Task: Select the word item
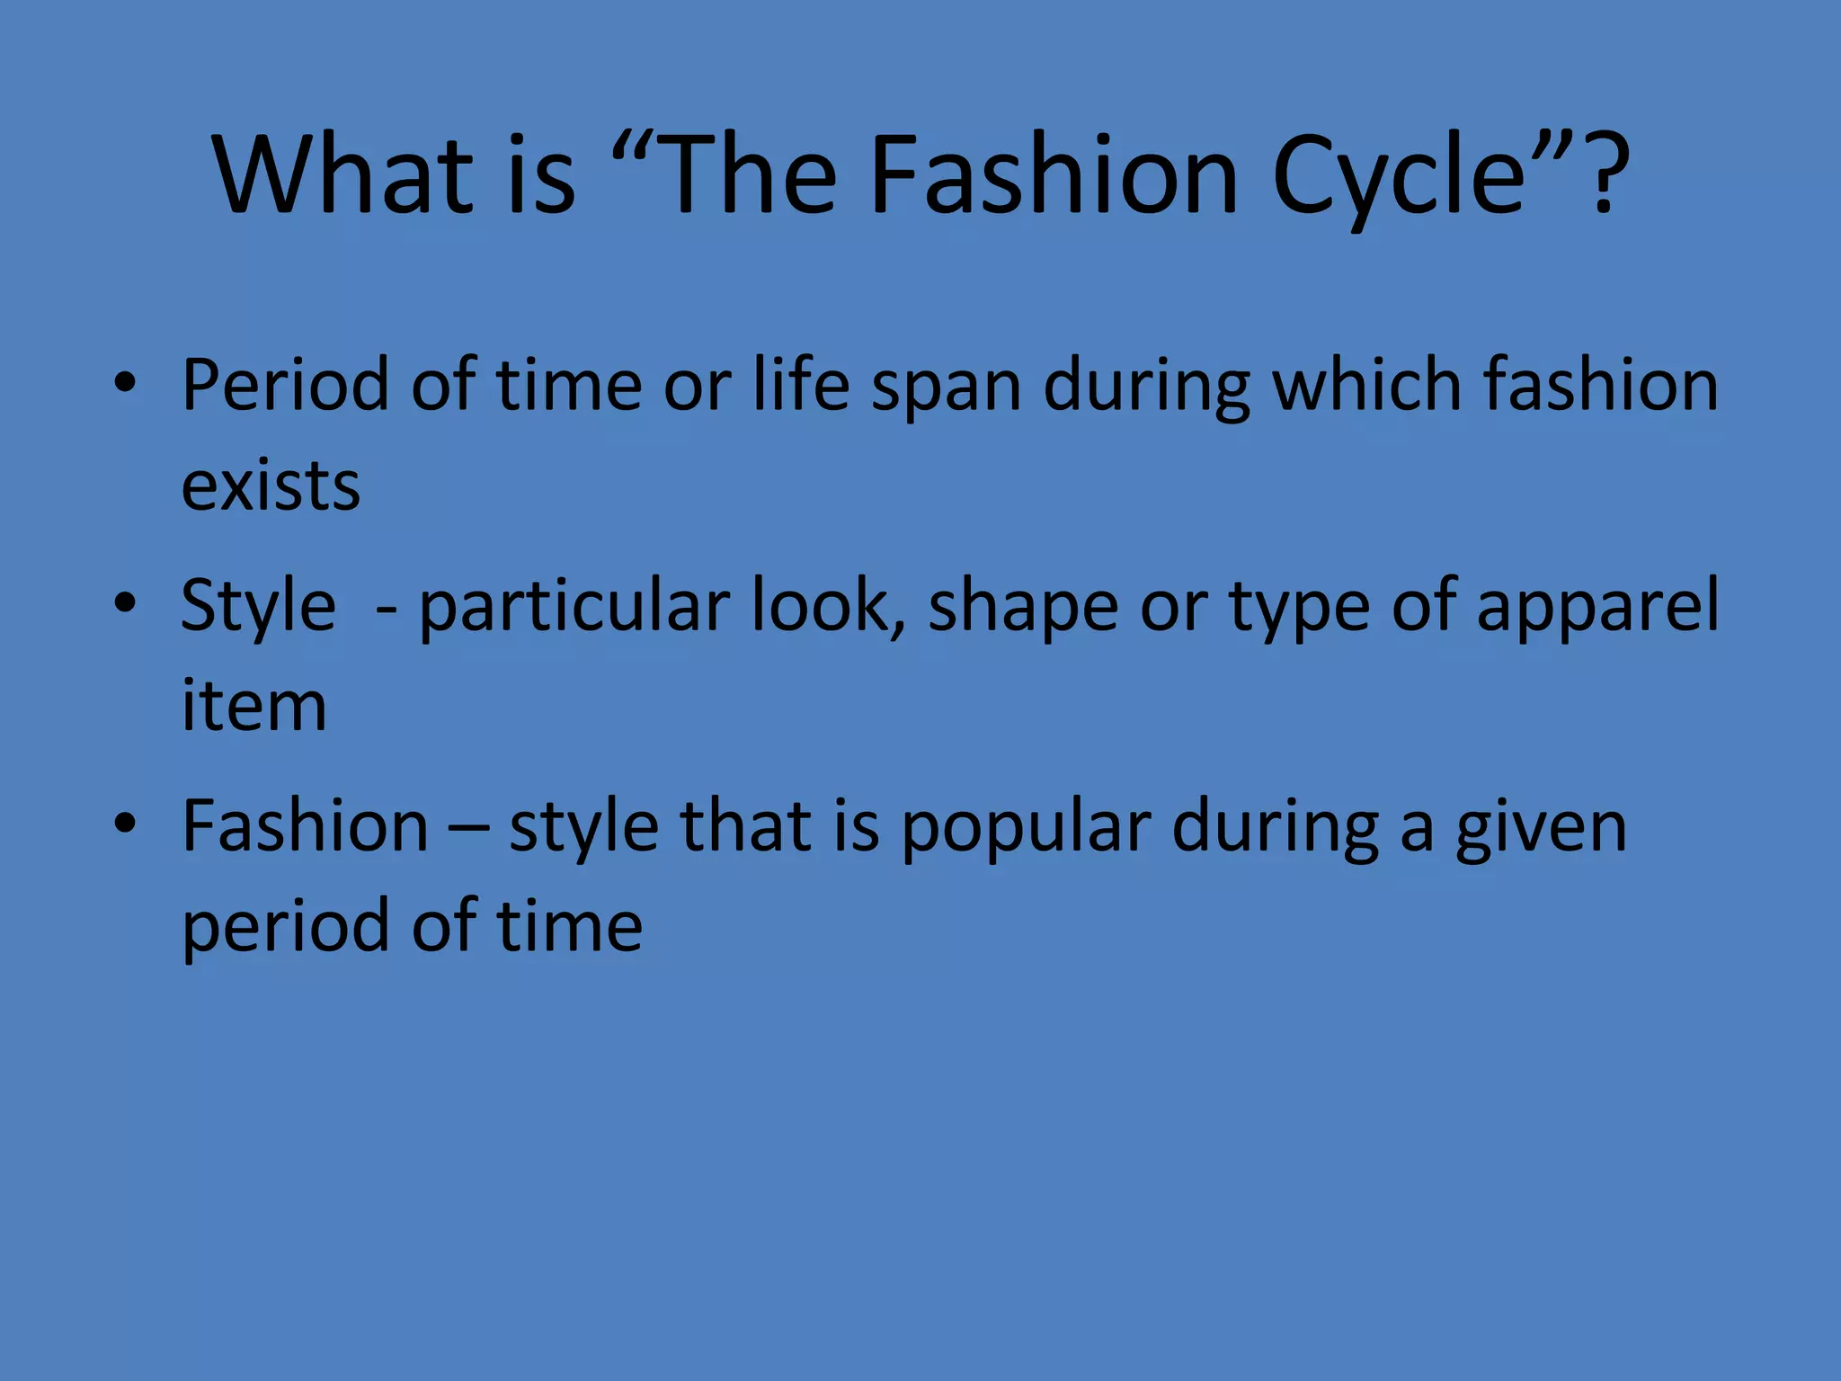[253, 706]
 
